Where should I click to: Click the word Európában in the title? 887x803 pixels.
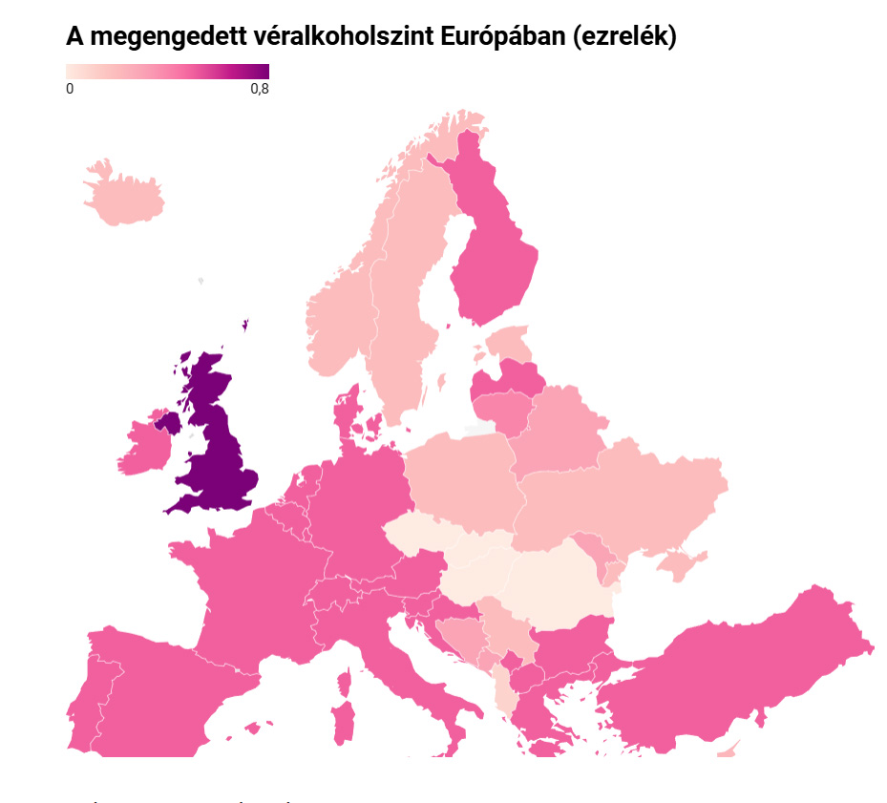(500, 37)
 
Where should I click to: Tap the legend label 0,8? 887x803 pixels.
(260, 89)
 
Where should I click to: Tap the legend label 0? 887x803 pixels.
(70, 89)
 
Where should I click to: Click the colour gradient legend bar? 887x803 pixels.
(167, 71)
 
